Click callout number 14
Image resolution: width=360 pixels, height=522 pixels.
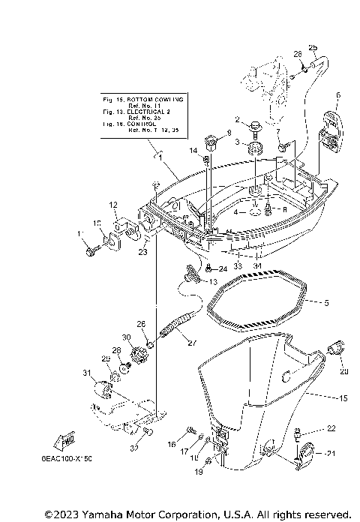click(193, 151)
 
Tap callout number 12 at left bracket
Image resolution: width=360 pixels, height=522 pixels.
click(112, 205)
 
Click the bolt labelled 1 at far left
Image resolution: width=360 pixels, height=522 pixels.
click(91, 252)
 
